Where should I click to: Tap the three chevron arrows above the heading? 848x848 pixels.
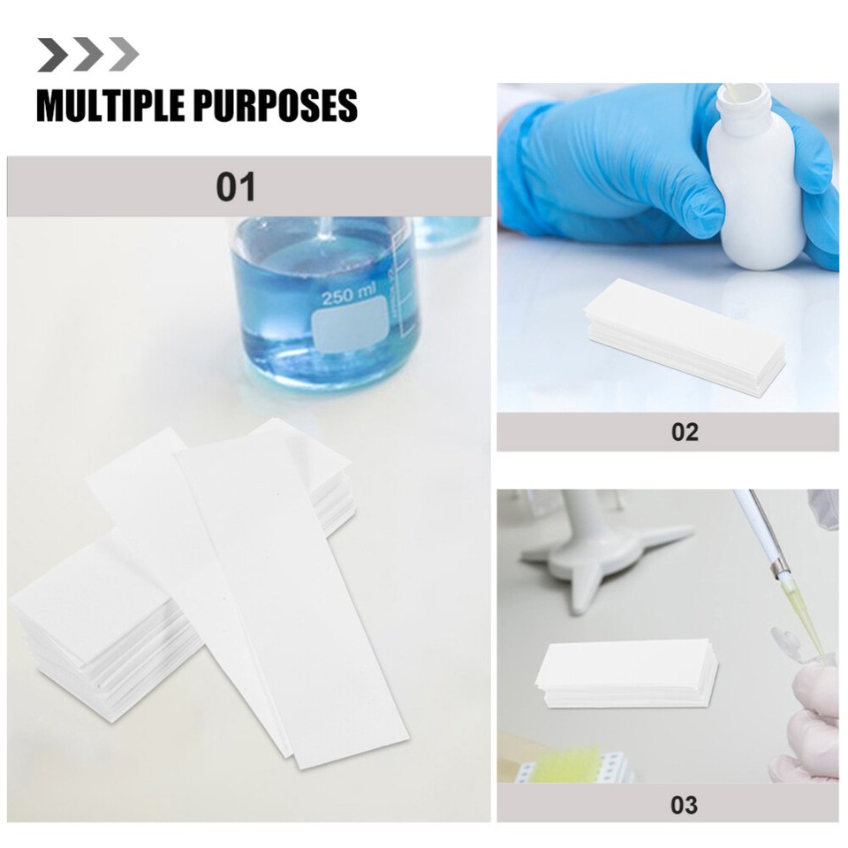tap(87, 55)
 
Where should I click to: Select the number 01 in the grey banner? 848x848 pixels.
tap(236, 187)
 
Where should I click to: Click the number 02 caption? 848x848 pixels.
tap(684, 432)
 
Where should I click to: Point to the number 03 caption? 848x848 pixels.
tap(684, 804)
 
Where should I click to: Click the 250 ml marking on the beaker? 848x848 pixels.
tap(349, 297)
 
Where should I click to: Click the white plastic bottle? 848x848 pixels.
tap(758, 194)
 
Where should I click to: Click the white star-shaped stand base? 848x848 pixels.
tap(601, 548)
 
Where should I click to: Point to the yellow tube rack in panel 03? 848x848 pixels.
tap(574, 765)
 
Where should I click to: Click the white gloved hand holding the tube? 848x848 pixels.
tap(813, 715)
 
